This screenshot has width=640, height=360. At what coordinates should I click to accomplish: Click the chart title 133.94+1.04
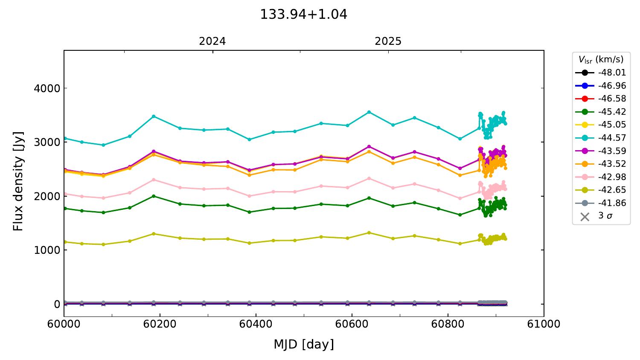tap(303, 15)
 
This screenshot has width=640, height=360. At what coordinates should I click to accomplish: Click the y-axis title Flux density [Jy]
tap(18, 181)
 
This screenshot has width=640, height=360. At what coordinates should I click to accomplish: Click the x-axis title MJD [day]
tap(303, 344)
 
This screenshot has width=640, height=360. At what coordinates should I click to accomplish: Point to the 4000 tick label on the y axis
tap(47, 88)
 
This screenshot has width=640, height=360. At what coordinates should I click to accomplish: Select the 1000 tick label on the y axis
tap(47, 250)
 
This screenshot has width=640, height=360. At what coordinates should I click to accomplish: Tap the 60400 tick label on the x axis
tap(256, 324)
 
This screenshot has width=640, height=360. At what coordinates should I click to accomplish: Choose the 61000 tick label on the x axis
tap(544, 324)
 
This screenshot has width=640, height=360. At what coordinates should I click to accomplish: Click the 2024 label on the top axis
tap(212, 41)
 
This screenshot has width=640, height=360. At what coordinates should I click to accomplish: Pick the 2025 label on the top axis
tap(388, 41)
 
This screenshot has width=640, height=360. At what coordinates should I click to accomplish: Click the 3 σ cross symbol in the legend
tap(585, 217)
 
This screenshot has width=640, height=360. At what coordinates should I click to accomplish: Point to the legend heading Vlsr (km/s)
tap(601, 59)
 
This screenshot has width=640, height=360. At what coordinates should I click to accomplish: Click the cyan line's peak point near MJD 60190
tap(154, 116)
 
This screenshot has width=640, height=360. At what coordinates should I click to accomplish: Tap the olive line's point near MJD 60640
tap(369, 233)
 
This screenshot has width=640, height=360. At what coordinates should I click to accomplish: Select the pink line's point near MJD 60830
tap(460, 198)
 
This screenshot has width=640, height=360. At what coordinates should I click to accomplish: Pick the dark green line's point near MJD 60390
tap(250, 212)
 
